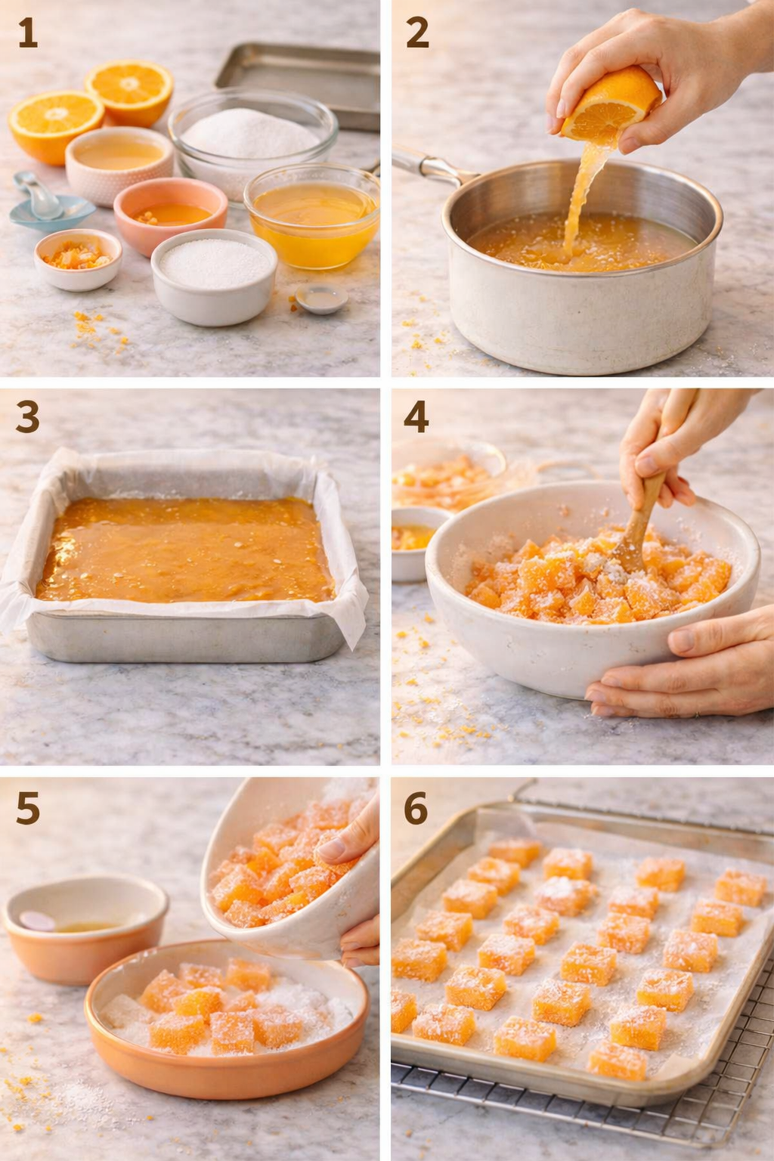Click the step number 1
coord(27,33)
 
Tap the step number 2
coord(417,33)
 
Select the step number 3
coord(27,417)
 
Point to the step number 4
coord(416,417)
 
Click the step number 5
coord(27,809)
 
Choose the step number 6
coord(416,809)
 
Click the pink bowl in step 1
coord(170,214)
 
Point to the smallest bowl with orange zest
coord(77,259)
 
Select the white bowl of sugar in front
coord(214,276)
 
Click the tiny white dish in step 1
coord(322,299)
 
